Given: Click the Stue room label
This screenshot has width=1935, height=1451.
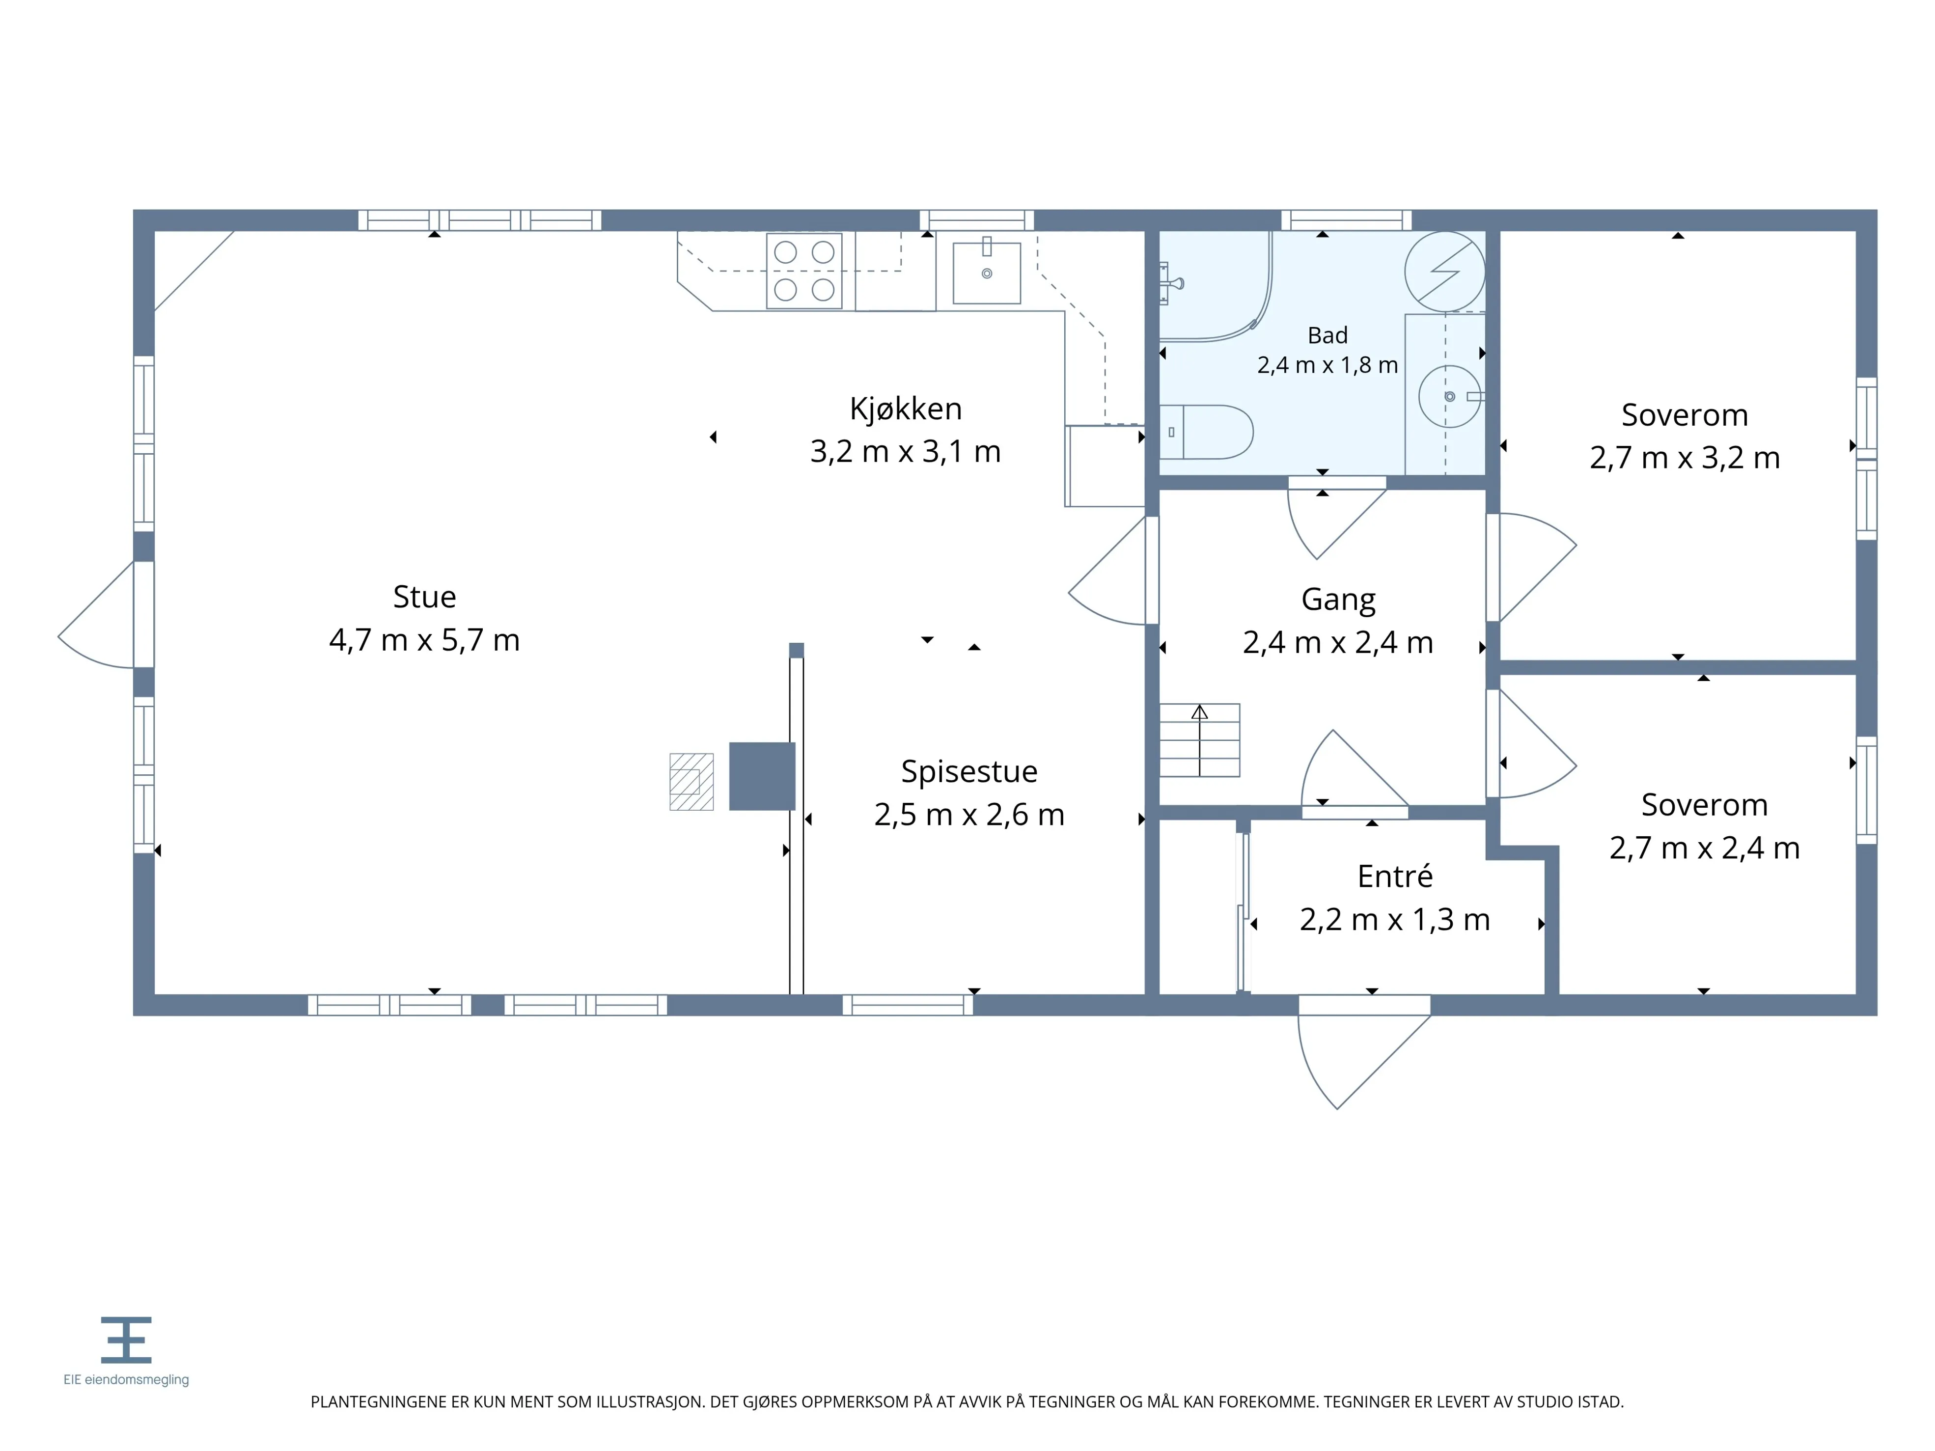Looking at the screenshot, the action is click(424, 597).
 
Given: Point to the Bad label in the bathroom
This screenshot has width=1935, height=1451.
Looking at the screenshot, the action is click(1327, 335).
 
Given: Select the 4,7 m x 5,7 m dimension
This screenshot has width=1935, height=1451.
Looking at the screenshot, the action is click(424, 640).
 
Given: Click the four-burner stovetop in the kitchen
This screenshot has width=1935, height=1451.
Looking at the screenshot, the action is click(804, 271).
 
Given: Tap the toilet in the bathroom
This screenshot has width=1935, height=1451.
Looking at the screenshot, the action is click(1206, 432).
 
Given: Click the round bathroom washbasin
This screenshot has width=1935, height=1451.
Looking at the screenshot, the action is click(1449, 396).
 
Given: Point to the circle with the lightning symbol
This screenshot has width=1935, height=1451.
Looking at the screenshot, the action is click(1444, 271).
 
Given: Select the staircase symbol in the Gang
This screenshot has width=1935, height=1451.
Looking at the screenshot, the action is click(1199, 740).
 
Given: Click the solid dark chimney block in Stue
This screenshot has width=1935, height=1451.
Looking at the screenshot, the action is click(762, 776).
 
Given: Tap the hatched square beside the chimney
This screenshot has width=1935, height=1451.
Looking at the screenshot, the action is click(691, 782).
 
